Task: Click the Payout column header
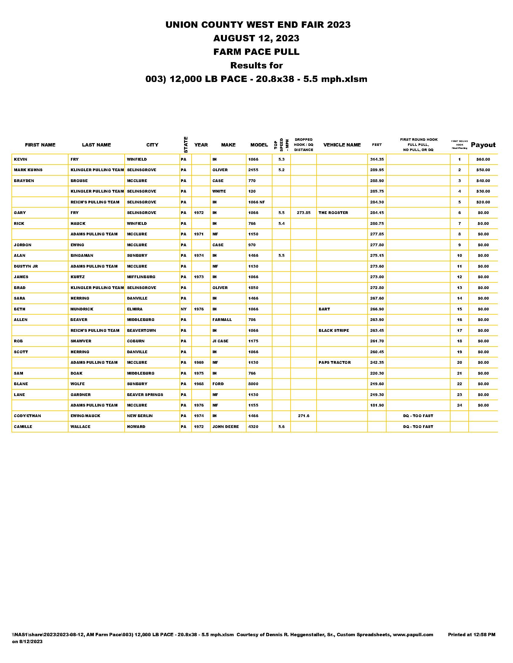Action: (x=483, y=145)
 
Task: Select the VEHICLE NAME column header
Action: (x=342, y=145)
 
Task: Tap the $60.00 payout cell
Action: (x=483, y=159)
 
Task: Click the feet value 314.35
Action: (x=377, y=159)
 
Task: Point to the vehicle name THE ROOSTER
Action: (x=333, y=213)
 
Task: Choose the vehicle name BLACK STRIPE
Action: (x=334, y=330)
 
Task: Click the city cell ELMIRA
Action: (x=135, y=309)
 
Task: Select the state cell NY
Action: (x=183, y=309)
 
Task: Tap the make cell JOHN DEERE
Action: (x=225, y=426)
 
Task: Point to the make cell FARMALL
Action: (x=222, y=320)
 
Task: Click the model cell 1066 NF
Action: (x=256, y=202)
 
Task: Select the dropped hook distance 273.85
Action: (x=303, y=213)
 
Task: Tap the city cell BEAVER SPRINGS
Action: (x=145, y=395)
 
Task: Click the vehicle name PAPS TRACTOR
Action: (x=335, y=363)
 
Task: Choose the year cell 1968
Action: (x=199, y=384)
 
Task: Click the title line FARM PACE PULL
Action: (x=256, y=52)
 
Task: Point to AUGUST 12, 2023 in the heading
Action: (x=256, y=38)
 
